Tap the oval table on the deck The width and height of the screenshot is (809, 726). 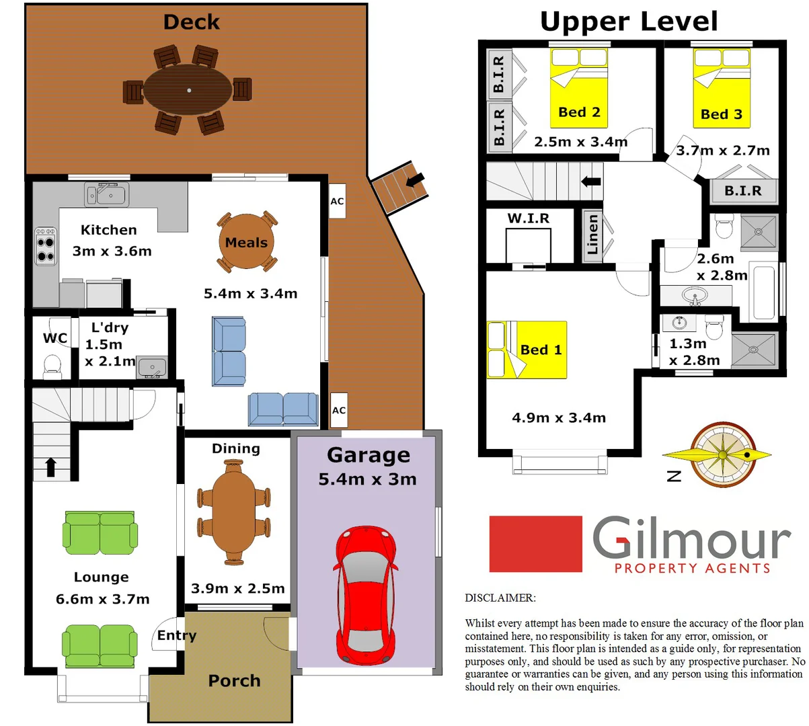188,89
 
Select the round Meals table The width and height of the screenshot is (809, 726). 246,242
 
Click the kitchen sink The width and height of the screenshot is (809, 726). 107,194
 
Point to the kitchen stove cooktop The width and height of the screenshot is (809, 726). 45,247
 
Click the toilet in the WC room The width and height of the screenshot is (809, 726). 52,366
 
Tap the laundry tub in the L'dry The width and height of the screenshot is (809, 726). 152,367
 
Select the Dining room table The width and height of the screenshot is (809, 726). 233,512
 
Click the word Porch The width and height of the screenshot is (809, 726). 234,680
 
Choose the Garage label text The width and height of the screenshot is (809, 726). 369,455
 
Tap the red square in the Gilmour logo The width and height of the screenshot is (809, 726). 535,544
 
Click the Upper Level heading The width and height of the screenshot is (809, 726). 629,22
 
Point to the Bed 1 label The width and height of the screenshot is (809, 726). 541,350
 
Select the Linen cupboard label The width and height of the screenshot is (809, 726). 592,235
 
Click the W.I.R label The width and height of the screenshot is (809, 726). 528,218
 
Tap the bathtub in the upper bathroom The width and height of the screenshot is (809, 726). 763,293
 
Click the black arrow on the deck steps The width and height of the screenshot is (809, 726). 416,179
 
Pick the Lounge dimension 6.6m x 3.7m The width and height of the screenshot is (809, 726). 102,599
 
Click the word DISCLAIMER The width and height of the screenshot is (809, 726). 500,598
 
